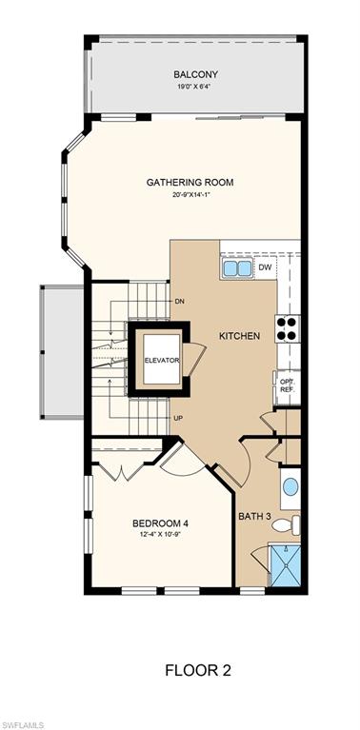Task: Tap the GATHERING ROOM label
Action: coord(190,182)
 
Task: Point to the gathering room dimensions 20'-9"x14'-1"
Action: coord(190,195)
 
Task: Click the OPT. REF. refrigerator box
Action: coord(287,385)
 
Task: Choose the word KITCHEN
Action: coord(239,337)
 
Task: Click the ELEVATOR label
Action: coord(162,361)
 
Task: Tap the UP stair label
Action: coord(177,418)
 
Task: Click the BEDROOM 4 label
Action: coord(158,523)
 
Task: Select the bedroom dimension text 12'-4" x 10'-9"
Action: coord(158,535)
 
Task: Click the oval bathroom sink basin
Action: coord(290,488)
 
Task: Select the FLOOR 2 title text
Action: coord(198,671)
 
